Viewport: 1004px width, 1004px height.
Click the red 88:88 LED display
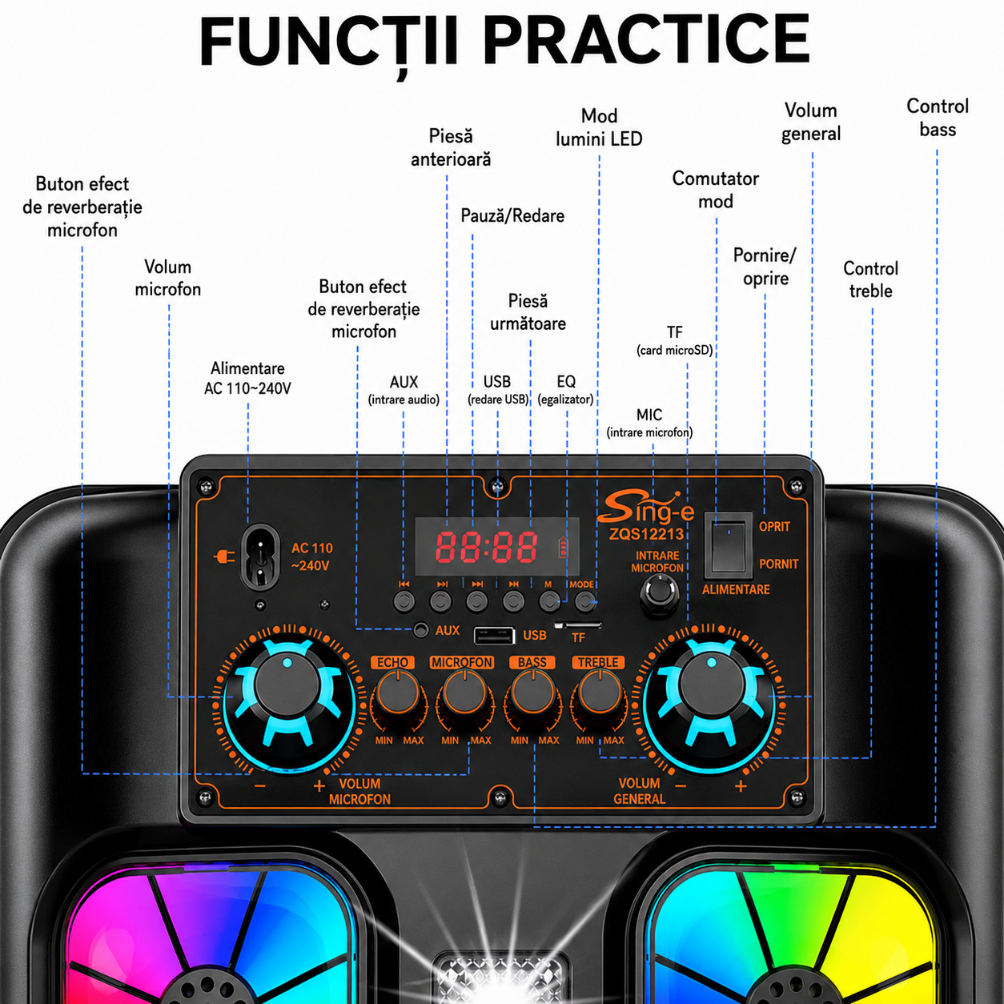pyautogui.click(x=486, y=547)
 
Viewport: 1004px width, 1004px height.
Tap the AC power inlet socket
pyautogui.click(x=259, y=557)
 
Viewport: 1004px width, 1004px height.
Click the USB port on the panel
pyautogui.click(x=494, y=636)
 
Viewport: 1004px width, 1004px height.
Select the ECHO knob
pyautogui.click(x=398, y=693)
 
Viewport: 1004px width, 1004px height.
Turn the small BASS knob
pyautogui.click(x=533, y=693)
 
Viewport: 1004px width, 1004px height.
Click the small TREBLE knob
pyautogui.click(x=600, y=693)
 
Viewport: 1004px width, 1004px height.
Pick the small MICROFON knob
pyautogui.click(x=464, y=693)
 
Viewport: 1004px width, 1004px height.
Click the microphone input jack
pyautogui.click(x=660, y=593)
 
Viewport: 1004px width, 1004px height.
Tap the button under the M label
pyautogui.click(x=549, y=601)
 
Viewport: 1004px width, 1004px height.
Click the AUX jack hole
pyautogui.click(x=420, y=630)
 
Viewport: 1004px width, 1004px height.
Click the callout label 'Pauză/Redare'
pyautogui.click(x=512, y=215)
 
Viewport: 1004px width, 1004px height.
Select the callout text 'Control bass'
pyautogui.click(x=938, y=118)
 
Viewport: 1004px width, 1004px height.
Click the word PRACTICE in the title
pyautogui.click(x=647, y=39)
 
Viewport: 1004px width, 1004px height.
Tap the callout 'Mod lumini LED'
pyautogui.click(x=599, y=127)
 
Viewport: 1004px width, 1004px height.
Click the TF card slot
pyautogui.click(x=578, y=625)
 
